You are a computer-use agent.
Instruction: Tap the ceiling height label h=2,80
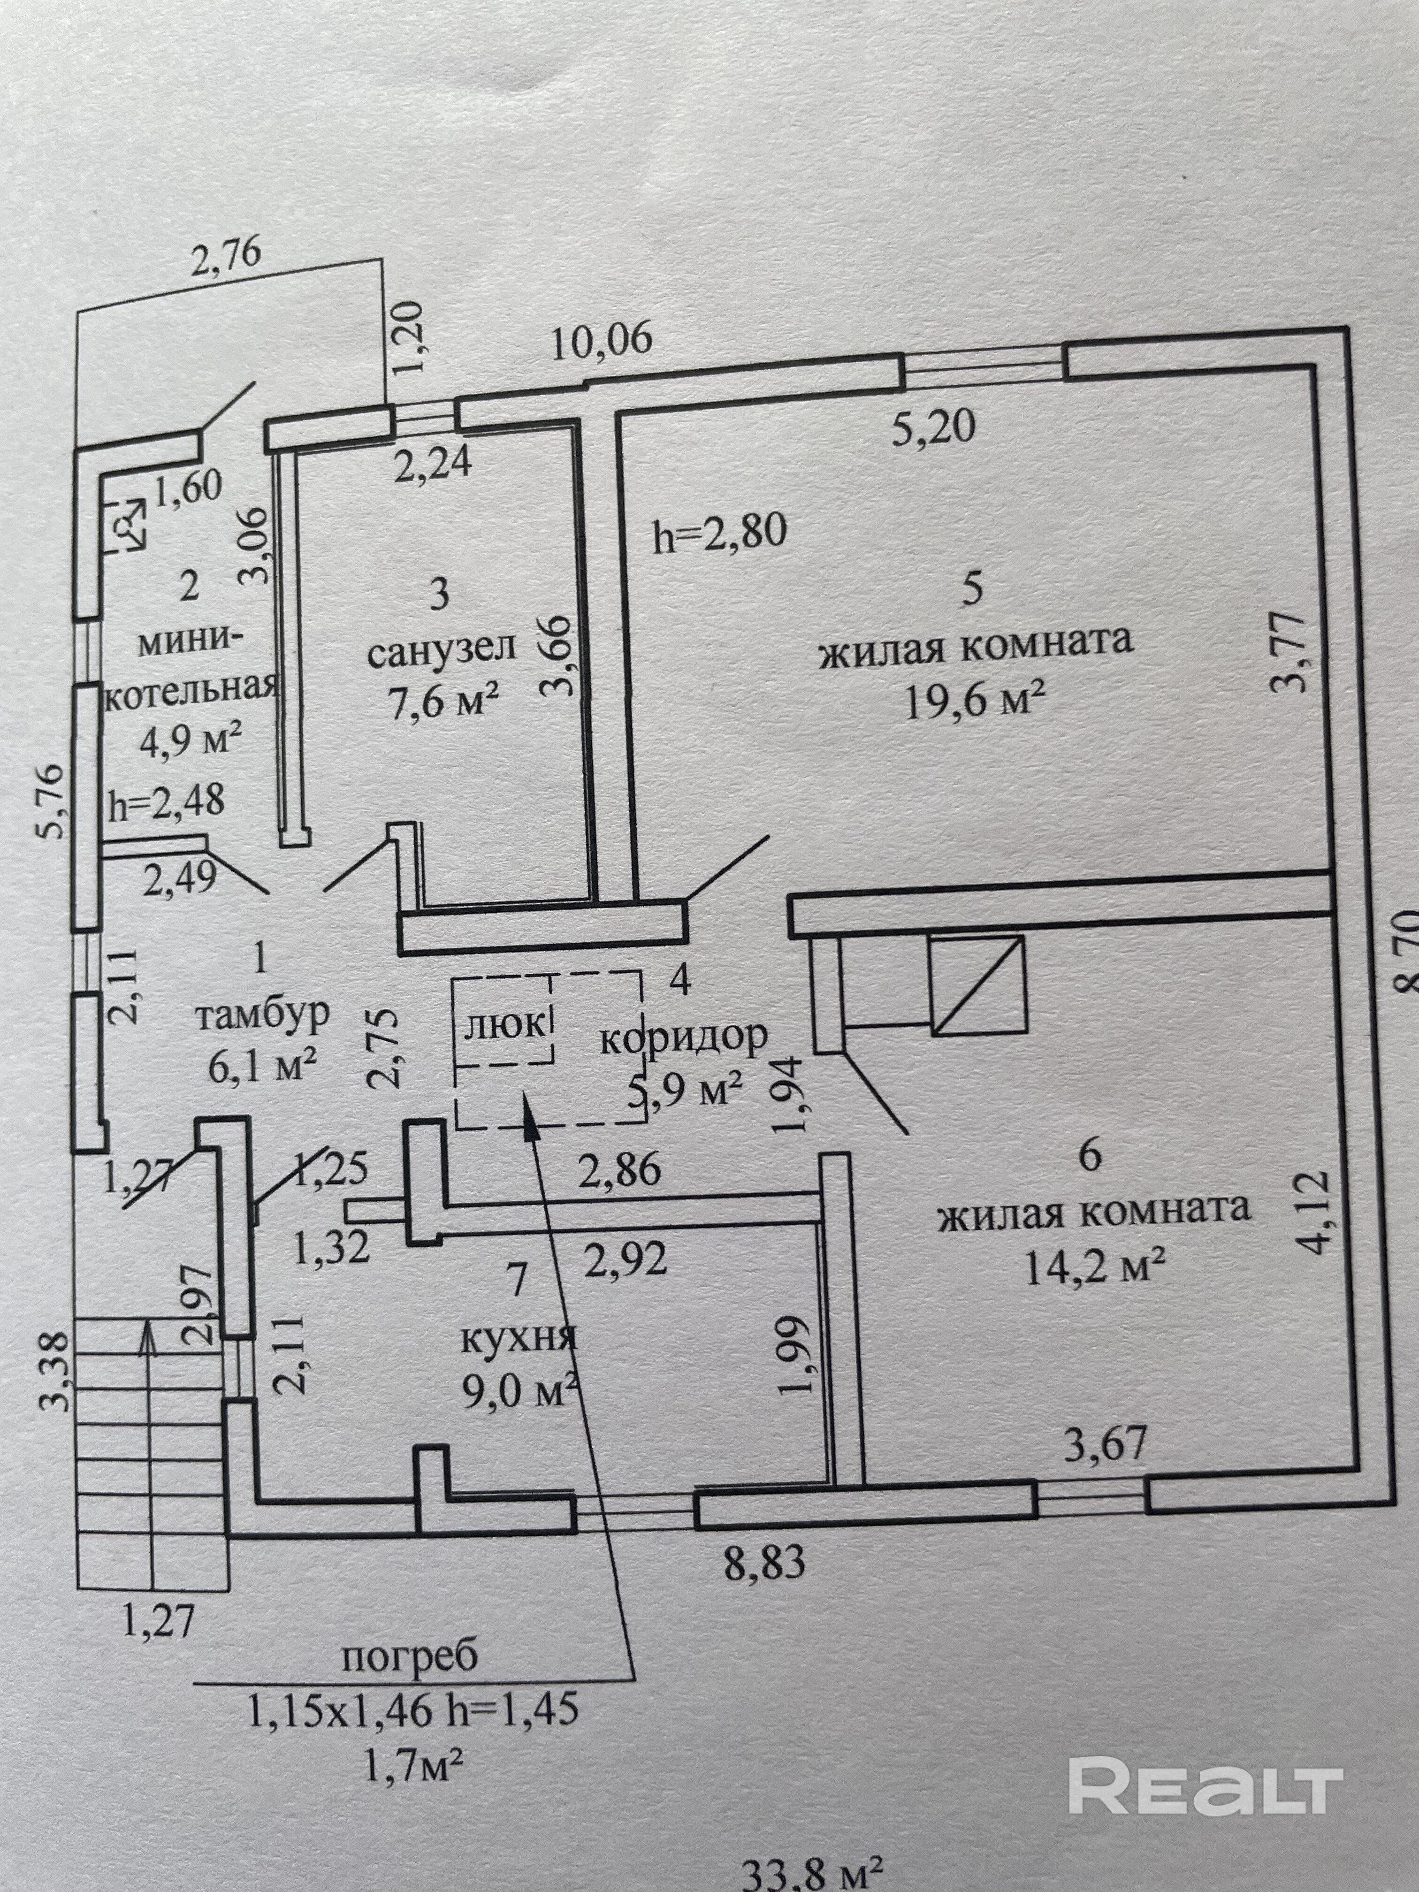(x=719, y=532)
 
